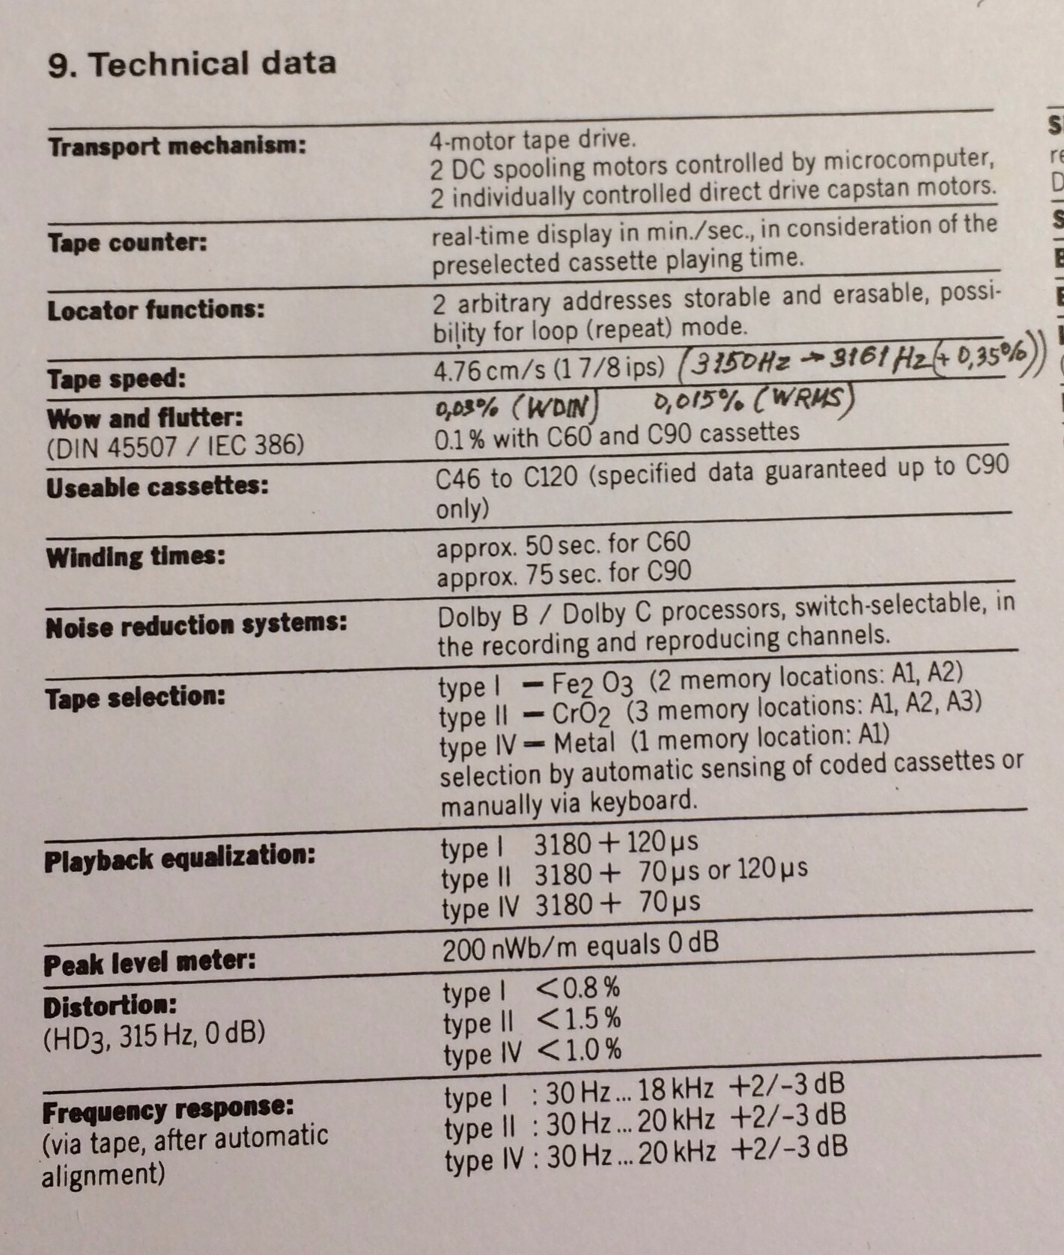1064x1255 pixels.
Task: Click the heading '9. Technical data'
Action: click(x=192, y=64)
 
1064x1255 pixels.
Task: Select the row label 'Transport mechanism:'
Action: click(x=177, y=145)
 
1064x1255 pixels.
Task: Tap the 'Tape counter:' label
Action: click(x=127, y=242)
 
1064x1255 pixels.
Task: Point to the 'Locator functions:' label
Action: click(x=156, y=309)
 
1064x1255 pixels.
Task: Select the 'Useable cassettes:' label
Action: click(x=157, y=487)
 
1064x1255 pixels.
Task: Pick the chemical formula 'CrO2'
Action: click(x=581, y=714)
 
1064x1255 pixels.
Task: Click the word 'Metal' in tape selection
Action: click(x=584, y=743)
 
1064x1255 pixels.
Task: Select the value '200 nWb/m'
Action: click(x=510, y=949)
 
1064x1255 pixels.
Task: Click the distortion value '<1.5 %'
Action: click(x=579, y=1019)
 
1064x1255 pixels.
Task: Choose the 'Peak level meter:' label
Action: click(x=149, y=962)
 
